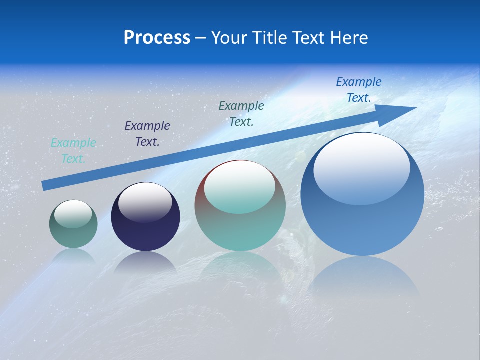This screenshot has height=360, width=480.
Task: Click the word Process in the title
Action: [x=157, y=38]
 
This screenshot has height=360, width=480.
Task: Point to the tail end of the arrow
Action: [x=43, y=186]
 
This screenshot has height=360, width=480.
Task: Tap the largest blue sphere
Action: [x=362, y=220]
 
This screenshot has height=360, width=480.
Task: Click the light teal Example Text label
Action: [x=73, y=151]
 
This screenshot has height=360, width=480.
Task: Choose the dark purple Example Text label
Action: [x=147, y=134]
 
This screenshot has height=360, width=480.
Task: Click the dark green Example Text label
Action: [x=241, y=113]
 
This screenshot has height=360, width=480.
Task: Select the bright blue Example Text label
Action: [x=359, y=90]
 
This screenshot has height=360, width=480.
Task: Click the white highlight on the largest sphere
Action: [x=362, y=167]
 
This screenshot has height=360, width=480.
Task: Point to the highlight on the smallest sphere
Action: [x=73, y=213]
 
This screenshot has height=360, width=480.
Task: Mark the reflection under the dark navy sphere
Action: [x=145, y=263]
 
